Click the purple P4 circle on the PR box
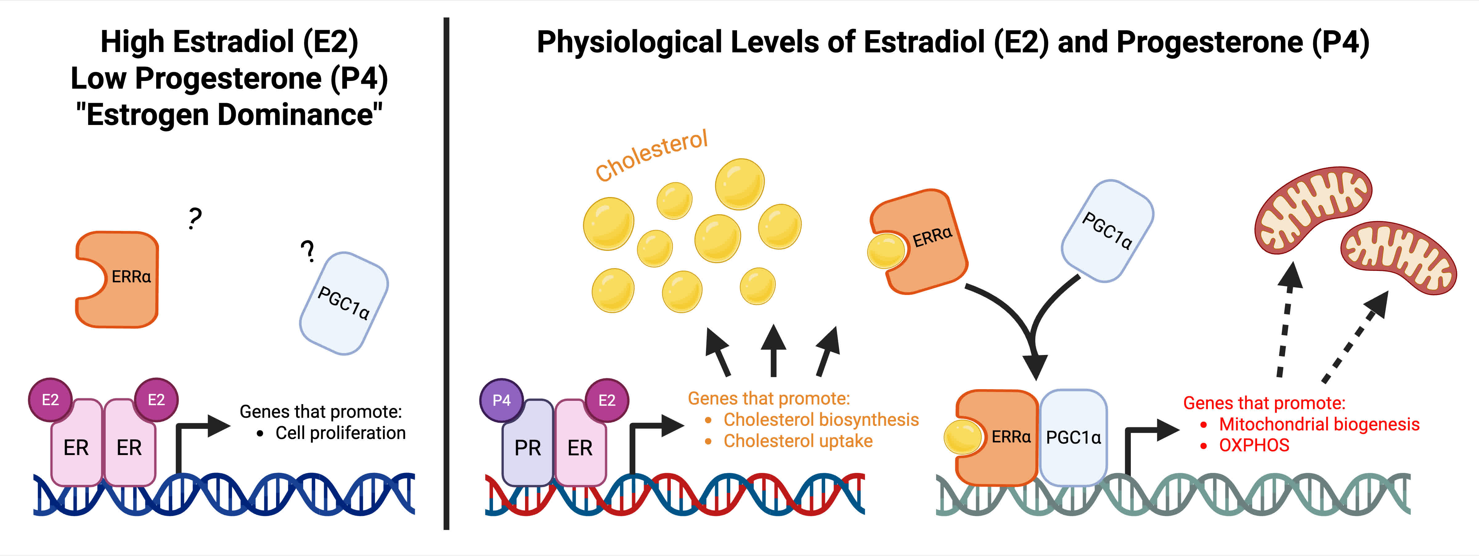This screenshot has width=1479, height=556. point(501,400)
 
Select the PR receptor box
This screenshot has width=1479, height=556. point(527,448)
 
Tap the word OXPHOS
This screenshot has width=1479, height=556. point(1254,445)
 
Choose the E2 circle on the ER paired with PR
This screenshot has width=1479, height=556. point(607,400)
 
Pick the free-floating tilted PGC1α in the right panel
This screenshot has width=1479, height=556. point(1107,231)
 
